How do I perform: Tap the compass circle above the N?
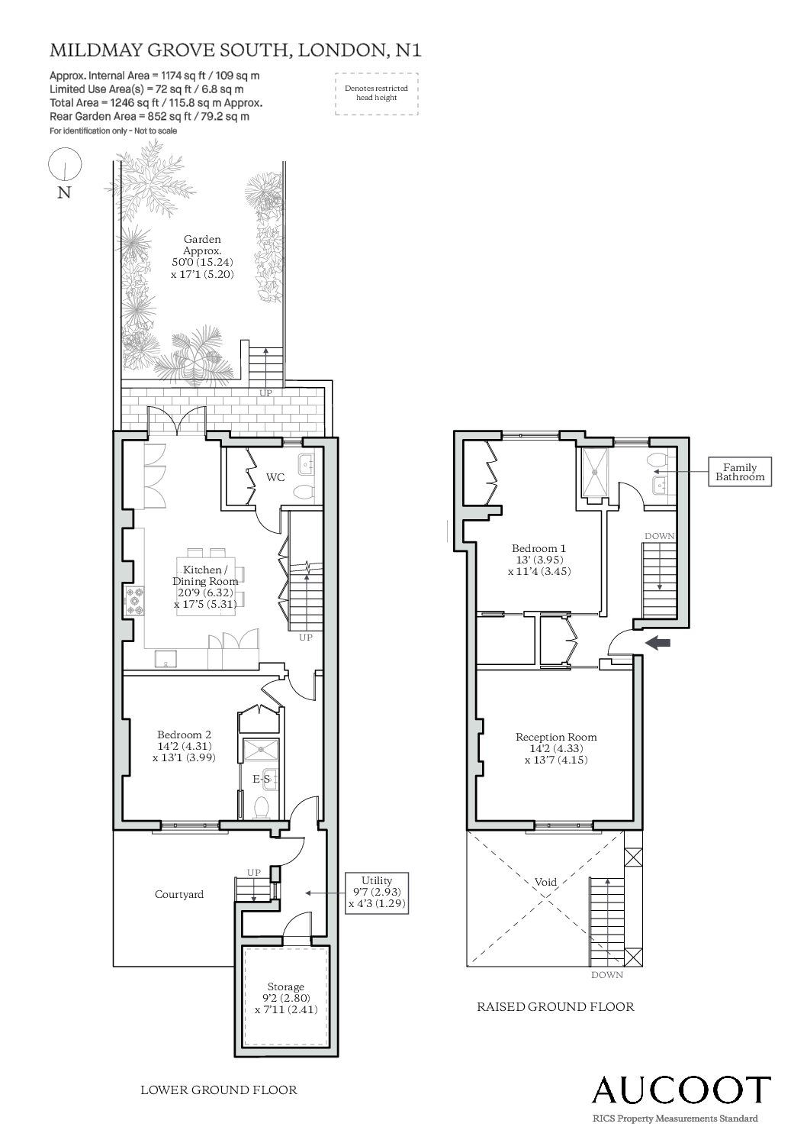[x=65, y=163]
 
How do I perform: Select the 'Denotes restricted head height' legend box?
[x=376, y=93]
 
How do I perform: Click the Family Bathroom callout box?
[x=740, y=472]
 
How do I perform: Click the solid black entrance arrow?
[x=658, y=644]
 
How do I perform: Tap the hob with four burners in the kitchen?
[x=135, y=600]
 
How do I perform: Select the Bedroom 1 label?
[x=539, y=548]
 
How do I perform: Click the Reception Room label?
[x=556, y=737]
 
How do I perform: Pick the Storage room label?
[x=285, y=986]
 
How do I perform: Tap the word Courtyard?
[x=179, y=894]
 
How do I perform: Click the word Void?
[x=545, y=882]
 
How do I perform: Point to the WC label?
[x=275, y=477]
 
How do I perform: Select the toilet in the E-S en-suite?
[x=262, y=808]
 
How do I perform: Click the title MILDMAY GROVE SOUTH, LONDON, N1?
[x=236, y=50]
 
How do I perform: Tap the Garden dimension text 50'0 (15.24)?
[x=202, y=263]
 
